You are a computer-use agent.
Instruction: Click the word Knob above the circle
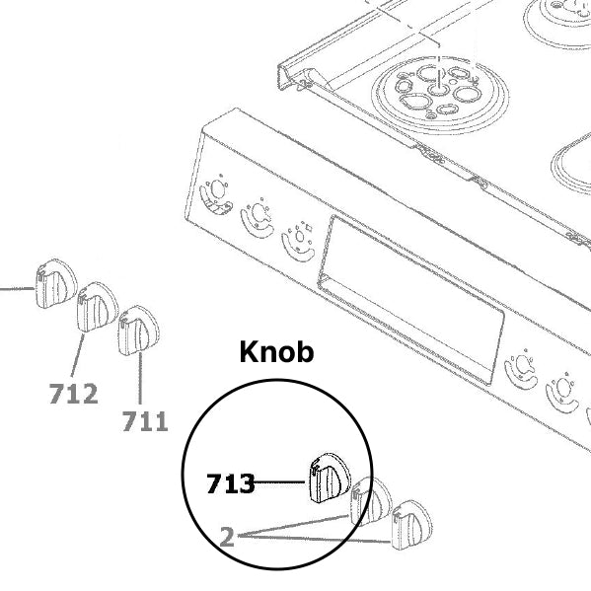(x=277, y=352)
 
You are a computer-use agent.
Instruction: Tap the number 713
(x=230, y=483)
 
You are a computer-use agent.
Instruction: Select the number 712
(x=73, y=395)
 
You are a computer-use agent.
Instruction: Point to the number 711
(x=145, y=422)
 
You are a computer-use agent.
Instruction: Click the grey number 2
(x=227, y=537)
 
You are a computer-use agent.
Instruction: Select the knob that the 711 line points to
(x=135, y=333)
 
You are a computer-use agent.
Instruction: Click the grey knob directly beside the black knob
(x=370, y=501)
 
